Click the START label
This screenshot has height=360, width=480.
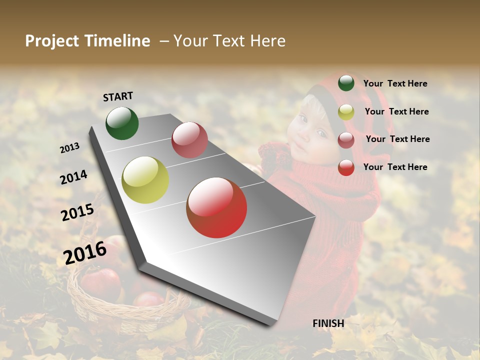(118, 96)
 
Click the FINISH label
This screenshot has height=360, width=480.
(328, 323)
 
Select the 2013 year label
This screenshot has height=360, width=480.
(69, 147)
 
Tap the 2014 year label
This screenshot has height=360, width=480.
(73, 177)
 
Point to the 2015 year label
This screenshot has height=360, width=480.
(77, 212)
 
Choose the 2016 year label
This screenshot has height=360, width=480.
(85, 252)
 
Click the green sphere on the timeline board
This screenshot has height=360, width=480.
(122, 123)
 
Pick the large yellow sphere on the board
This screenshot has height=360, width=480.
(145, 180)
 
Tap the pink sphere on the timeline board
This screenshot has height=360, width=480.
(189, 140)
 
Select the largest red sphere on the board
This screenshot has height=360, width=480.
(216, 207)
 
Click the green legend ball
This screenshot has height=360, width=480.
(346, 83)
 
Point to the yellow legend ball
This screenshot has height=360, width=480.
(346, 112)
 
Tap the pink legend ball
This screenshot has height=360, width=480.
(346, 140)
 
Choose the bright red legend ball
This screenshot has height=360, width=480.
(346, 167)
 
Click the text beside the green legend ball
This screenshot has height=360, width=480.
(395, 83)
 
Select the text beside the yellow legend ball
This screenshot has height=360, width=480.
(396, 111)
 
